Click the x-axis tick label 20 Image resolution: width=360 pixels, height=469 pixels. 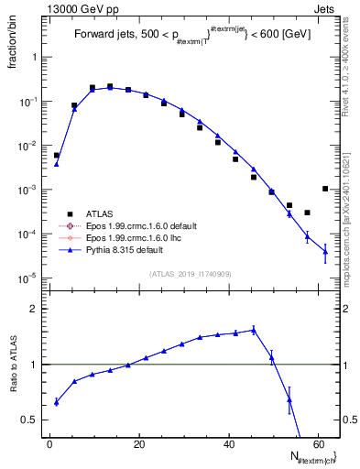[138, 444]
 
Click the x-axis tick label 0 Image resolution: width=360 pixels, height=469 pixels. [50, 444]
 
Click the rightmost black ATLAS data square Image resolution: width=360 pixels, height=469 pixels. [325, 189]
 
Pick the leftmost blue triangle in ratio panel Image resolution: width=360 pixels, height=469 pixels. [57, 402]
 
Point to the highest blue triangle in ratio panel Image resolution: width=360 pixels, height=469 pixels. [253, 330]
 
